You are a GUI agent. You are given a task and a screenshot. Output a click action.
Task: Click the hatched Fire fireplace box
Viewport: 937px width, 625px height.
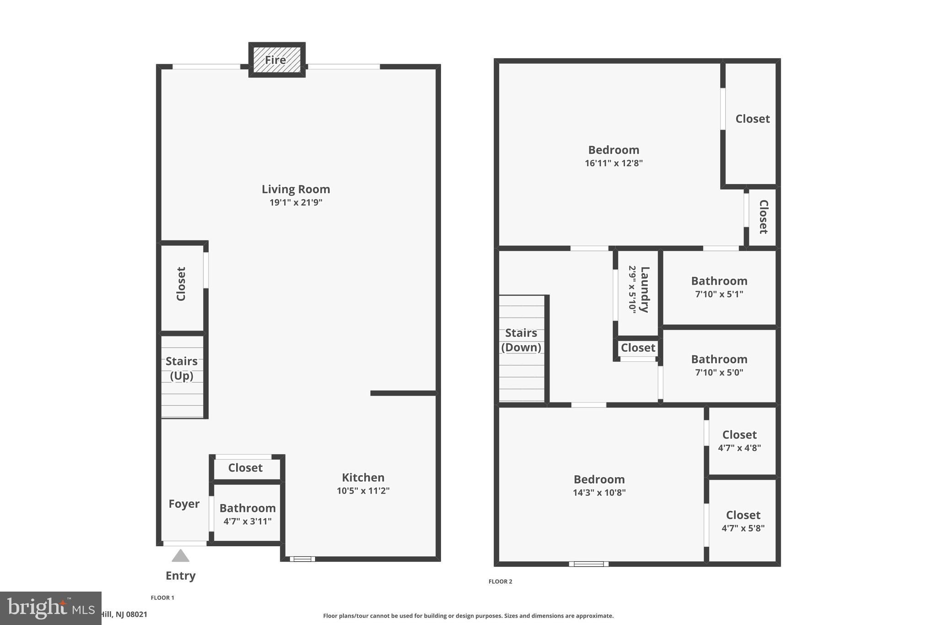[x=276, y=60]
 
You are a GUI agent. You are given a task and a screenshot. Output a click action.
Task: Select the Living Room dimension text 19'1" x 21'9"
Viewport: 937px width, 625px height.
[x=296, y=202]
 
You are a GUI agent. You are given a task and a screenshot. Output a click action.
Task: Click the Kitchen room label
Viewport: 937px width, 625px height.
[x=363, y=478]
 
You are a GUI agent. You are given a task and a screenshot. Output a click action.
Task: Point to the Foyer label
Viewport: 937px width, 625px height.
[x=184, y=504]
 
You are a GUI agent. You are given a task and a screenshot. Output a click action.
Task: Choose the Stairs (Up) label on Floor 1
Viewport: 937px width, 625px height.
[x=182, y=368]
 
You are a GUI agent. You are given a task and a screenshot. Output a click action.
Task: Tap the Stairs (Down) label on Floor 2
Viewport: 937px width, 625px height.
[x=521, y=340]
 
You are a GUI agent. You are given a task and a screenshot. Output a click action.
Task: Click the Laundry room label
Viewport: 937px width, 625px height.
[x=645, y=289]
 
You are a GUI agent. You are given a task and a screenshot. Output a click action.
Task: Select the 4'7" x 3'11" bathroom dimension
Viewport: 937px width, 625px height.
[x=248, y=521]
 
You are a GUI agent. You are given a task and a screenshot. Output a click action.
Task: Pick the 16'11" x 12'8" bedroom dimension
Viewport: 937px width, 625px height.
[x=614, y=163]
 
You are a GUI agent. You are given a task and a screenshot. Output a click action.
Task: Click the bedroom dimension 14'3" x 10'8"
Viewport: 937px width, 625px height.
[x=599, y=493]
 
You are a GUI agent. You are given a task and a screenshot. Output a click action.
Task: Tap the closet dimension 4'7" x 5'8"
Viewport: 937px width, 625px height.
[x=743, y=528]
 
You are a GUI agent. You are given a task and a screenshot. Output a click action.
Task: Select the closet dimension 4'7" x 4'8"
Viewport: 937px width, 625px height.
[x=739, y=448]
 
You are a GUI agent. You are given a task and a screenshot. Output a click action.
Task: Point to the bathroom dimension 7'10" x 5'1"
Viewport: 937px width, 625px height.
[x=719, y=294]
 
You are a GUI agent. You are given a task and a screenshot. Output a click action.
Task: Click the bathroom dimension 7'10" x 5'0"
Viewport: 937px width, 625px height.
[x=719, y=372]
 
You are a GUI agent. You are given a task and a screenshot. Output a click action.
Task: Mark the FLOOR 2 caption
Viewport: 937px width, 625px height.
[x=501, y=582]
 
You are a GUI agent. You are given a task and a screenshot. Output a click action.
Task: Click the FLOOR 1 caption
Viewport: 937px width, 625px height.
[x=162, y=598]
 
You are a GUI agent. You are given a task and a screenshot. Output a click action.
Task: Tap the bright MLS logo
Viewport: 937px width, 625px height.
[x=51, y=608]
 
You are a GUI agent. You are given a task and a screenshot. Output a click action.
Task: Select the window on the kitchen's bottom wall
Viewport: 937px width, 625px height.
[x=302, y=559]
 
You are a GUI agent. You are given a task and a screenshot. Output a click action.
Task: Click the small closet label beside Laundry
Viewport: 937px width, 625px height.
[x=638, y=348]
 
